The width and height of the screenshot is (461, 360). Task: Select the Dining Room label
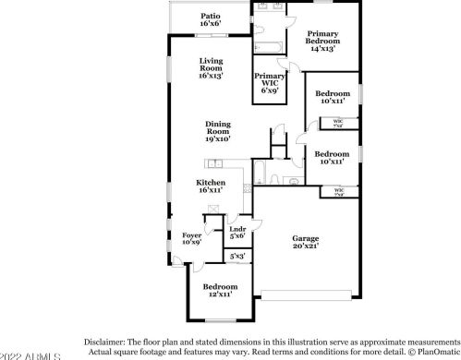(218, 131)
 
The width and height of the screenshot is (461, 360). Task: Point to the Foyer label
(191, 239)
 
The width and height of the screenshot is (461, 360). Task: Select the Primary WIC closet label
(270, 81)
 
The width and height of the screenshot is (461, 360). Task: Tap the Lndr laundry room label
(237, 234)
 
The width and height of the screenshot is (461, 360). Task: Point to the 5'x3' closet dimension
(237, 257)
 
